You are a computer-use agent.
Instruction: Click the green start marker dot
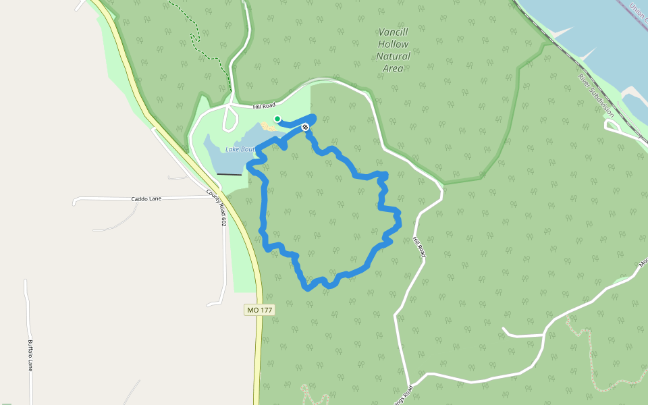pyautogui.click(x=277, y=119)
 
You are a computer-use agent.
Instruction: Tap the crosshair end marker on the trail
pyautogui.click(x=305, y=126)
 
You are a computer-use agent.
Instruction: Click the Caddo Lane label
pyautogui.click(x=146, y=199)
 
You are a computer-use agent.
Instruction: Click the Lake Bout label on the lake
pyautogui.click(x=239, y=148)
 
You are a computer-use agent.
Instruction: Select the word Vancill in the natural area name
pyautogui.click(x=394, y=32)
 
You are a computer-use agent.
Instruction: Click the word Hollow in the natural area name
pyautogui.click(x=393, y=44)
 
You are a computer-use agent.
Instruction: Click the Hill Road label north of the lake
pyautogui.click(x=264, y=105)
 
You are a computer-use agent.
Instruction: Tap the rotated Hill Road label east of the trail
pyautogui.click(x=420, y=246)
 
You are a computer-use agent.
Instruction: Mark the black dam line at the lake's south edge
pyautogui.click(x=229, y=175)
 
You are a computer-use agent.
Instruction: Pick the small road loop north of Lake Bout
pyautogui.click(x=230, y=119)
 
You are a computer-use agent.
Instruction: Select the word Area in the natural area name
pyautogui.click(x=393, y=68)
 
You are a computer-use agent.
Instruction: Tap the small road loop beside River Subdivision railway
pyautogui.click(x=612, y=126)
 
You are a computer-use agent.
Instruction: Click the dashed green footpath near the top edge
pyautogui.click(x=196, y=34)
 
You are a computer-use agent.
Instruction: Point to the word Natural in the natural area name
pyautogui.click(x=393, y=56)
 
